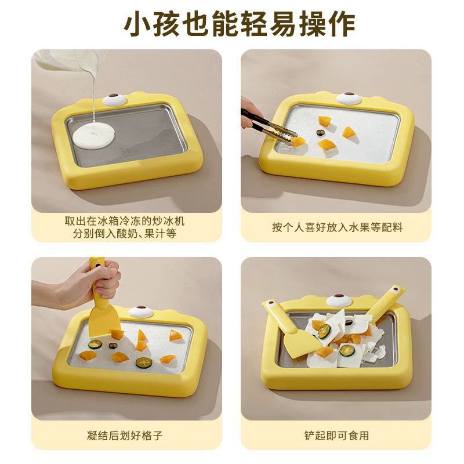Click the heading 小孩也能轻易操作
pos(240,24)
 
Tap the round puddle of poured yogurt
pos(93,136)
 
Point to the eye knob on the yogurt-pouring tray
pos(114,99)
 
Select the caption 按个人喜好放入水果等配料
pos(337,227)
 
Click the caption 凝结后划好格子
pos(125,436)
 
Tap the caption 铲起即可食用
pos(336,436)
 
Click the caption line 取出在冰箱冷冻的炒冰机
pos(125,221)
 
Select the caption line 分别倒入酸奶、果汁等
pos(125,234)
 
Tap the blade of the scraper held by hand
pos(104,322)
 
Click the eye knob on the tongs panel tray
pos(349,97)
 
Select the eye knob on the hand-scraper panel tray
pos(141,311)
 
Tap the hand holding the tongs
pos(251,113)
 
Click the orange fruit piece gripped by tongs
pos(298,142)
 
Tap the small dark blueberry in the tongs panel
pos(320,132)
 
